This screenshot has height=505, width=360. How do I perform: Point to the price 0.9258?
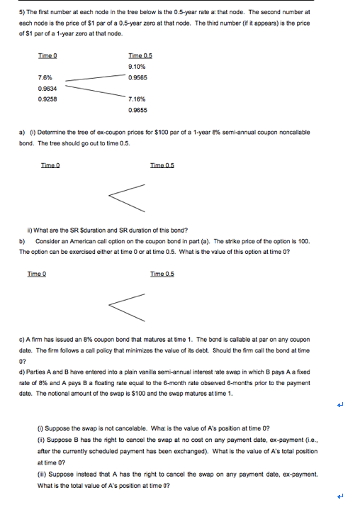(x=46, y=99)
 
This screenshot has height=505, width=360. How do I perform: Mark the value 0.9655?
(x=137, y=111)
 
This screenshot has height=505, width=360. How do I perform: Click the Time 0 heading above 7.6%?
(x=47, y=55)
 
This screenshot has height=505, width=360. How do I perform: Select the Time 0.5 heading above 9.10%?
(x=140, y=55)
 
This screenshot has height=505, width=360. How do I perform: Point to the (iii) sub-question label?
(x=43, y=472)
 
